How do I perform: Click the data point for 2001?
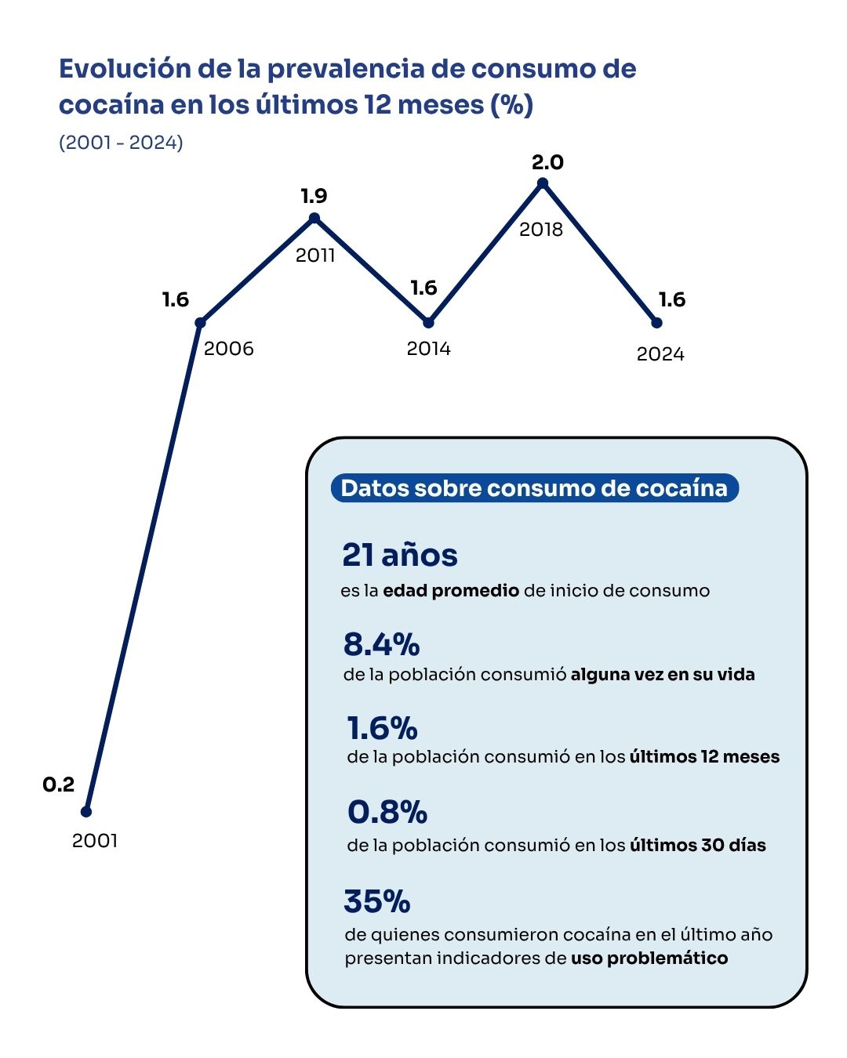[86, 811]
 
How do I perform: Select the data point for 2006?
[200, 322]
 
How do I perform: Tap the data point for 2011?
[314, 218]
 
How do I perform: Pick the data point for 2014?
[428, 322]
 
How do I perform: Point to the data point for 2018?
[542, 183]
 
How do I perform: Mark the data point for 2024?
[656, 322]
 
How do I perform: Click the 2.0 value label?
[547, 162]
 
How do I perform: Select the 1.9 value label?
[314, 196]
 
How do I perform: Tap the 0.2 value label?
[58, 784]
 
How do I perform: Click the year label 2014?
[428, 349]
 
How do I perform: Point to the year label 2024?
[660, 354]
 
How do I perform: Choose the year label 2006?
[229, 349]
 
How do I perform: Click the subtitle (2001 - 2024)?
[121, 143]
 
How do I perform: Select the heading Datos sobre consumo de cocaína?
[534, 488]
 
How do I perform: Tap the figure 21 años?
[400, 555]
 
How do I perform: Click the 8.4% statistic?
[381, 644]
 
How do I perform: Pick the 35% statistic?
[377, 901]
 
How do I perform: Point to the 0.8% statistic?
[387, 812]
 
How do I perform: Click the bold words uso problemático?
[649, 958]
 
